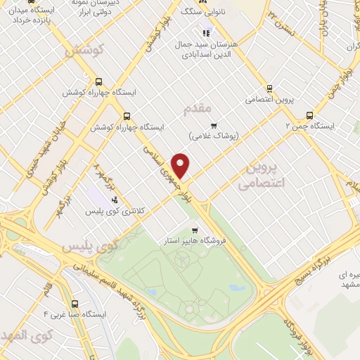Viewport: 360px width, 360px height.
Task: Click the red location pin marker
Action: click(x=181, y=166)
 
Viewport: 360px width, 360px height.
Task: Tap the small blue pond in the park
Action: click(x=152, y=290)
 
